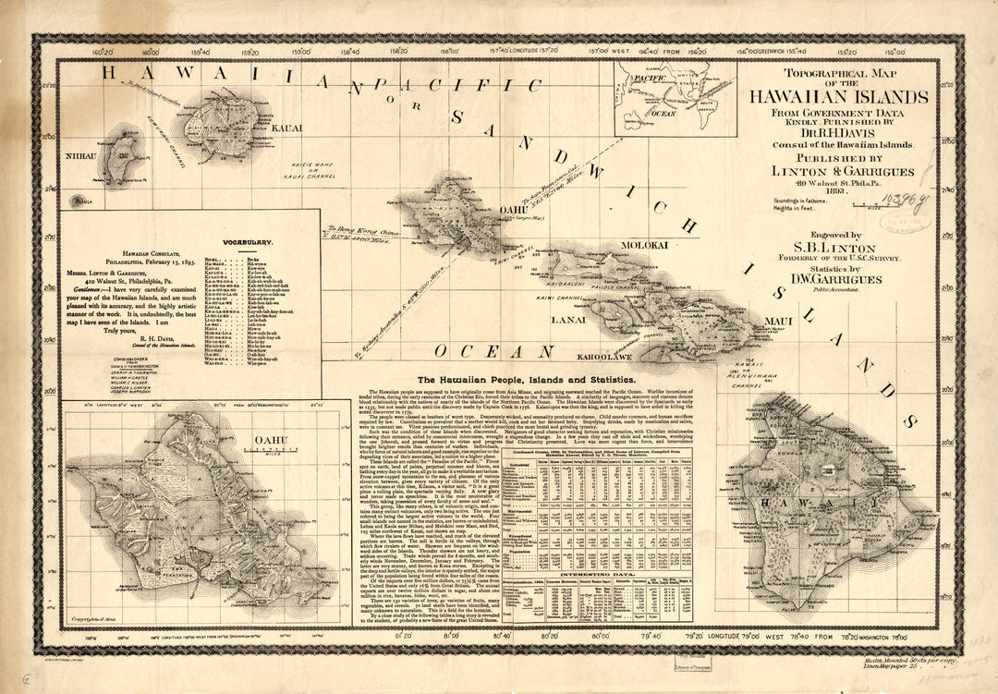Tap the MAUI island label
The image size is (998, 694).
coord(778,322)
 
